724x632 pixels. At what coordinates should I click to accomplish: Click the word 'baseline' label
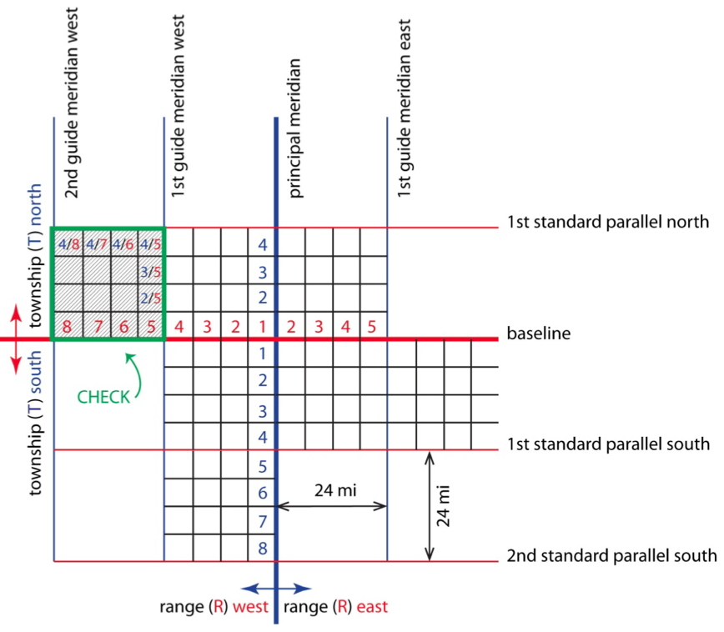point(538,334)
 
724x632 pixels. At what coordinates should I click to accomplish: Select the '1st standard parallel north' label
point(608,222)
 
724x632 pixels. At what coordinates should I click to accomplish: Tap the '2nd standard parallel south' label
point(611,555)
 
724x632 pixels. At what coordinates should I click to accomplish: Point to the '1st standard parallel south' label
point(608,444)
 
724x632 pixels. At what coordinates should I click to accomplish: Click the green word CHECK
point(103,398)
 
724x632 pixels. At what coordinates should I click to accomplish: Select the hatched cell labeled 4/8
point(68,244)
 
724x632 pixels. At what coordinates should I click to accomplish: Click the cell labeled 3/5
point(150,271)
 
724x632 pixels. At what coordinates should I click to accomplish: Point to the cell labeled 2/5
point(150,298)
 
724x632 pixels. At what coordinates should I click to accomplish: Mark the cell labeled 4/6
point(123,244)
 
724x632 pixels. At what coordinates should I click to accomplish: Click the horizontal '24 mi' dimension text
point(335,490)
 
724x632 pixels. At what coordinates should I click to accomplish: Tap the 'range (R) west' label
point(214,606)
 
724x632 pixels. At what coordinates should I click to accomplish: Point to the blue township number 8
point(262,549)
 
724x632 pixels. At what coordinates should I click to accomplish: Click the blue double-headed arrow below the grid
point(275,587)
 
